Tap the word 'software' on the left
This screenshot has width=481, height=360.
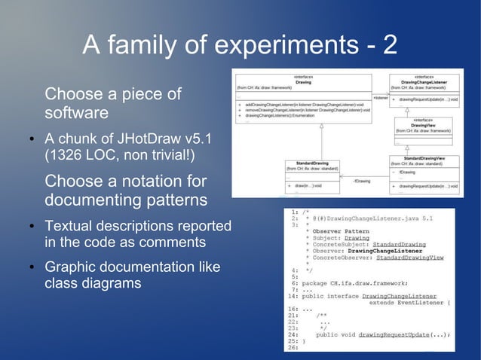point(75,114)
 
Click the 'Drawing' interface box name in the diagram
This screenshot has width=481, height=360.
point(303,82)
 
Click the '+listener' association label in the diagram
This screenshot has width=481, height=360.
point(380,98)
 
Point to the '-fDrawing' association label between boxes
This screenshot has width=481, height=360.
point(363,181)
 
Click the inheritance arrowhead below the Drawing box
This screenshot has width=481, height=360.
point(321,127)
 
